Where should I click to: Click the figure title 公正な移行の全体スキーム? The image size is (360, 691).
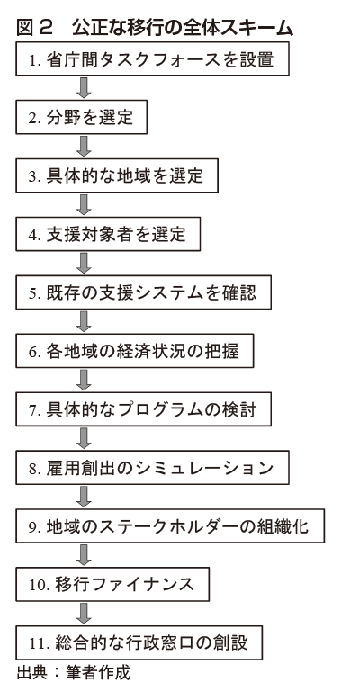coord(183,28)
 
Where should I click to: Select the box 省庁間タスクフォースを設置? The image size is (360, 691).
coord(152,59)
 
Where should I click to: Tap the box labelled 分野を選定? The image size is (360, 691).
coord(82,117)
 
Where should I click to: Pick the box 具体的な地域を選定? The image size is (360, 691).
coord(117,175)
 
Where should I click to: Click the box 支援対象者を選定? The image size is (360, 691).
coord(108,234)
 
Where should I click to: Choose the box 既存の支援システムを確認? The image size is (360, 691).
coord(144,292)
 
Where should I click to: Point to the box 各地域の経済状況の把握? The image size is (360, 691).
coord(135,351)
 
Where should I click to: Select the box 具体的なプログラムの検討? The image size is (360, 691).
coord(144,409)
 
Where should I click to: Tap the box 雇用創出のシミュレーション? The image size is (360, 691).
coord(152,468)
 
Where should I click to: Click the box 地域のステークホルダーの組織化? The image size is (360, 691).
coord(170,525)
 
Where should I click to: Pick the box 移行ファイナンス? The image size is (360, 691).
coord(112,584)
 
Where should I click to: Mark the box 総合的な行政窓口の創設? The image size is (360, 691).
coord(139,642)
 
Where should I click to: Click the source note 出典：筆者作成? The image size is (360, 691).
coord(74,673)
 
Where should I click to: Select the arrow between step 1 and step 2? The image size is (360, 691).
coord(84,88)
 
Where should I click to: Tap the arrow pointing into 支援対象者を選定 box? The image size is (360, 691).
coord(84,205)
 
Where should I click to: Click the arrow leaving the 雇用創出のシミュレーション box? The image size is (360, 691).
coord(84,497)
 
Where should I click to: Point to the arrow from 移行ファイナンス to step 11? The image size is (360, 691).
coord(84,614)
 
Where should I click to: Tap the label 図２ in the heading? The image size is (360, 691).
coord(35,28)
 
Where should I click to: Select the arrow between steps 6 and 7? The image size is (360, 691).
coord(84,380)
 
